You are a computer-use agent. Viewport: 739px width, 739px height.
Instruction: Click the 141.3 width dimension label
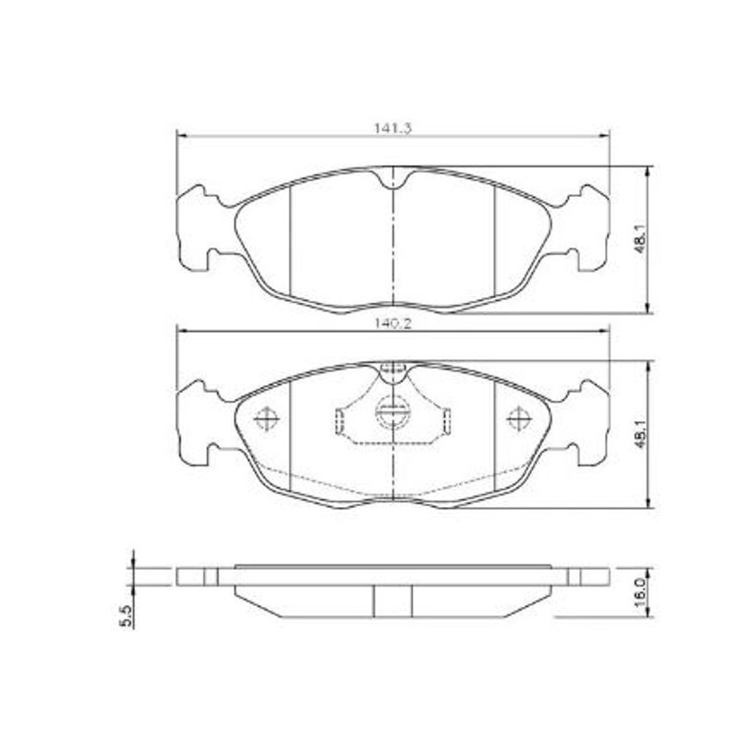(393, 127)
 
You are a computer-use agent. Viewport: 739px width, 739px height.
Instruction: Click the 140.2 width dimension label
(393, 323)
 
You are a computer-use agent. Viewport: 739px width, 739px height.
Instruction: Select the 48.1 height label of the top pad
(640, 240)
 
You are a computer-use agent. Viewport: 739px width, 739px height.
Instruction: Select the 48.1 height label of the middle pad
(640, 434)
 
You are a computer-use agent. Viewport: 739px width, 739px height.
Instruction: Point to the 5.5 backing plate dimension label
(127, 615)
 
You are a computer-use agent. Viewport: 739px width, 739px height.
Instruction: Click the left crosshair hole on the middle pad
(267, 418)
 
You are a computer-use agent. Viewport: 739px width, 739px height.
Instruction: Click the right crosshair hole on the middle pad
(519, 418)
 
